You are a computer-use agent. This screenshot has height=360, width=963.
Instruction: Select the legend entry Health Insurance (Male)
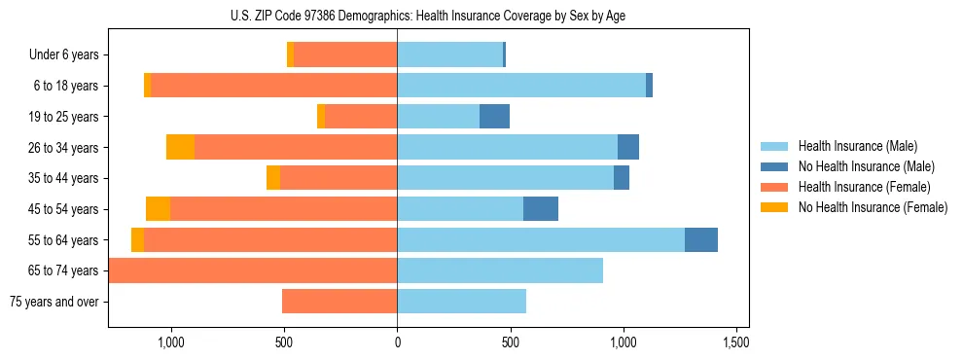(x=857, y=146)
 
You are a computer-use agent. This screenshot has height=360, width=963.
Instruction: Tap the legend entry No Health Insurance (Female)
(x=873, y=207)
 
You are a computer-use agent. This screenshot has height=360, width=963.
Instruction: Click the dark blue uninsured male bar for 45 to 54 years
(x=541, y=209)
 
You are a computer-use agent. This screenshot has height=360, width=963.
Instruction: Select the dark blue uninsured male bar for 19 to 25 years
(x=494, y=117)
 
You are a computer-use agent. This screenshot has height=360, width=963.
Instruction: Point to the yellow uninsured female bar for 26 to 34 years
(x=180, y=147)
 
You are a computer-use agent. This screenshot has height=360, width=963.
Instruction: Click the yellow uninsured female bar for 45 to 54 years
(x=158, y=209)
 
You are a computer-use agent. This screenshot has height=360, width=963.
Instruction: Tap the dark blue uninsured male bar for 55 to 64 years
(x=701, y=240)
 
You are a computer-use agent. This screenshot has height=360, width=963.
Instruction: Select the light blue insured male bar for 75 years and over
(x=461, y=302)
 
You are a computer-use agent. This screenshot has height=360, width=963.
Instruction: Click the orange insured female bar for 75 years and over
(x=339, y=302)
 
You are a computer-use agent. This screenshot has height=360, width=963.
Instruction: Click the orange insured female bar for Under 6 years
(x=345, y=54)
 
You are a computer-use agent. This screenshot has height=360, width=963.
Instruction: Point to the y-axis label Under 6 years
(x=64, y=55)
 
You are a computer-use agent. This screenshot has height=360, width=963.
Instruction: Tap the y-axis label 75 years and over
(x=54, y=302)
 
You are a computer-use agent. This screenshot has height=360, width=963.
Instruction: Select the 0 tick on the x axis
(x=397, y=342)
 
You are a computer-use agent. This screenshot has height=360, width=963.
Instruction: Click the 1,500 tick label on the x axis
(x=736, y=342)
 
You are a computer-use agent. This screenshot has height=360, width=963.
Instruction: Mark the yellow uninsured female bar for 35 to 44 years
(x=273, y=178)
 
